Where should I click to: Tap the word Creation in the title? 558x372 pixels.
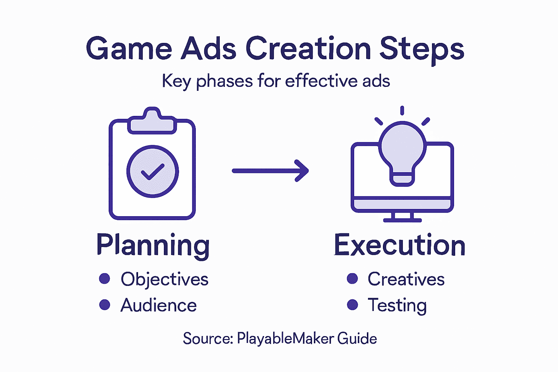(x=308, y=49)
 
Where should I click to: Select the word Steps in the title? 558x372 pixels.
(x=422, y=49)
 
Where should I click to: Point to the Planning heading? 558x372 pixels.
(x=153, y=246)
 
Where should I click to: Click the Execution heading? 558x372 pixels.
(x=400, y=246)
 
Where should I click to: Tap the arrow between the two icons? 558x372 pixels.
(x=270, y=170)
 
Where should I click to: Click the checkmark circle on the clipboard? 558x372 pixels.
(x=153, y=171)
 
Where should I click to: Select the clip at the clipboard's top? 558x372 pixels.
(x=152, y=121)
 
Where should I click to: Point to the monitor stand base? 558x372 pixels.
(x=403, y=219)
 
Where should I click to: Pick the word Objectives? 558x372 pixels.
(x=165, y=279)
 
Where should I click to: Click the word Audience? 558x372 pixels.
(x=159, y=305)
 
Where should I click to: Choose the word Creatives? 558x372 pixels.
(x=406, y=279)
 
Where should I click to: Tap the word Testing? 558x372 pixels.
(x=397, y=306)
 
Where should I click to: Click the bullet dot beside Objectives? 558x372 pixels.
(x=105, y=279)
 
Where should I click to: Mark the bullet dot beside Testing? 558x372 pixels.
(x=352, y=304)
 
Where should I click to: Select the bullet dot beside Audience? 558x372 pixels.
(x=105, y=304)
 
